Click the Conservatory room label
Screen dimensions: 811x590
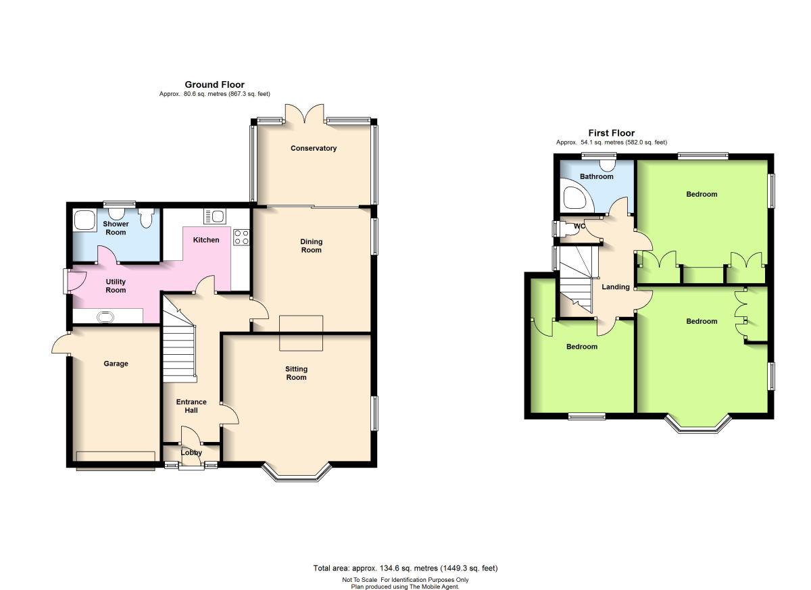click(x=314, y=149)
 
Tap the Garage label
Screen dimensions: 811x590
click(x=116, y=364)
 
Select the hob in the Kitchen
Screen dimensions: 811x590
click(x=241, y=237)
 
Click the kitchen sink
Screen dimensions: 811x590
click(x=215, y=216)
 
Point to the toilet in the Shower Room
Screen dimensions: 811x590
click(x=146, y=218)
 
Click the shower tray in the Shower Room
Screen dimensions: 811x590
click(x=84, y=220)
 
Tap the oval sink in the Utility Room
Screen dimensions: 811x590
click(x=105, y=318)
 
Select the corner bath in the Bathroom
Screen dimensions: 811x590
click(x=576, y=197)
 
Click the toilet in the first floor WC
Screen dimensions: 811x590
click(x=565, y=228)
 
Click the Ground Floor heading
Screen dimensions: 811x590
click(x=215, y=84)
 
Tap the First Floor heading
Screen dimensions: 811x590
click(x=612, y=133)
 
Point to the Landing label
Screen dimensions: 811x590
click(x=616, y=287)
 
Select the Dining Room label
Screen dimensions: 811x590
click(x=312, y=246)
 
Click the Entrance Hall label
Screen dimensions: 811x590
click(x=191, y=406)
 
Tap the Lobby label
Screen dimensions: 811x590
click(x=191, y=452)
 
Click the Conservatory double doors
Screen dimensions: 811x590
click(x=305, y=114)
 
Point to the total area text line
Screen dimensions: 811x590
click(x=405, y=568)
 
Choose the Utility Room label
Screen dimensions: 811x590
click(x=116, y=286)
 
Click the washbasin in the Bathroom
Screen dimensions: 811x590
click(x=607, y=166)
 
